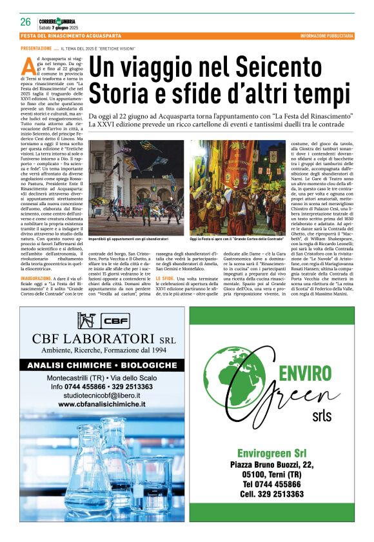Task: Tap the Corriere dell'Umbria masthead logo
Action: (x=58, y=21)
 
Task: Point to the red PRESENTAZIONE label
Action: (x=36, y=48)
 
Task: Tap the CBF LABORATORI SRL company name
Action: (x=95, y=339)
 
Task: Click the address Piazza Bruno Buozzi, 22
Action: (x=271, y=464)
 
